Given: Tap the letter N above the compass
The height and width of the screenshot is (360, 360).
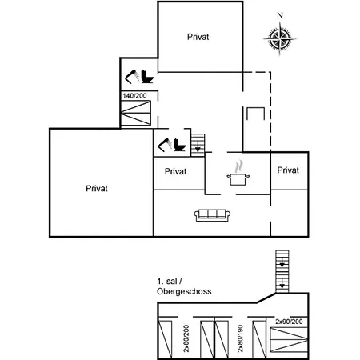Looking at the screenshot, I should click(x=279, y=16).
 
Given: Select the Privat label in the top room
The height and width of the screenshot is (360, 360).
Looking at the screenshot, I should click(x=199, y=37).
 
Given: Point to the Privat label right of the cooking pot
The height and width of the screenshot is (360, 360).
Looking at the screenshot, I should click(x=289, y=170).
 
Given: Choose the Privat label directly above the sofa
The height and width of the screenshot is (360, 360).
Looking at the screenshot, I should click(x=175, y=171).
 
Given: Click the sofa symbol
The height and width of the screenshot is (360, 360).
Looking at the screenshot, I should click(x=213, y=214).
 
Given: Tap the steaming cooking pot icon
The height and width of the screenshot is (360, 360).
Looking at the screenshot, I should click(x=238, y=174).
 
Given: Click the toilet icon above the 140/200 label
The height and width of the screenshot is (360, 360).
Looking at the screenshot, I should click(x=139, y=77).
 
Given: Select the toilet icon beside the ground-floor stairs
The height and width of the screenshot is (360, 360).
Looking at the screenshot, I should click(x=174, y=145).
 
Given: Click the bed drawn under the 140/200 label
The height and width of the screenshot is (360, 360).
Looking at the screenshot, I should click(x=136, y=113).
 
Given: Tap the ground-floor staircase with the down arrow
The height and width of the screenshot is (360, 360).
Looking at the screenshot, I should click(x=198, y=145).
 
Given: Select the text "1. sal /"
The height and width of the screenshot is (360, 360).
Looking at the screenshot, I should click(x=171, y=282).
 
